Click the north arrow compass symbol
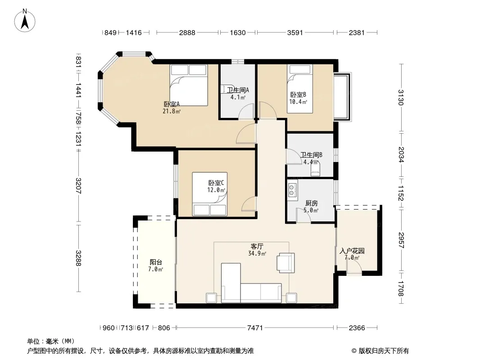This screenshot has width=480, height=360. (24, 21)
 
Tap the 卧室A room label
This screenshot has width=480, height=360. (172, 104)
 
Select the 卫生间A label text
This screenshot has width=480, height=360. (238, 90)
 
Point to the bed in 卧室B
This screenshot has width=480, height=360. (300, 89)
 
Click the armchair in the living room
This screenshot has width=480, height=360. (285, 263)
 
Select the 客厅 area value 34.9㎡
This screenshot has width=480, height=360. (257, 253)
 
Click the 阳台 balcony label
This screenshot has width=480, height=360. (156, 262)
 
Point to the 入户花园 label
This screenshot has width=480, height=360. (352, 251)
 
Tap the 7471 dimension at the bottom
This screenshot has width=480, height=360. (255, 328)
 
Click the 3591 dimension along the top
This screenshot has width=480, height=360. (295, 32)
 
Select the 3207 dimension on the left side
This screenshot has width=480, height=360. (78, 186)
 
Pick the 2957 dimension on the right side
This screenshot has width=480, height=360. (401, 240)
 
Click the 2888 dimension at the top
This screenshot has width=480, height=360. (187, 32)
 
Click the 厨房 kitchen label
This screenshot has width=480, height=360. (312, 203)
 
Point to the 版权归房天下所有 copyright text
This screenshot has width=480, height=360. (384, 351)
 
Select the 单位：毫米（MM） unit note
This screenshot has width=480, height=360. (51, 342)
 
